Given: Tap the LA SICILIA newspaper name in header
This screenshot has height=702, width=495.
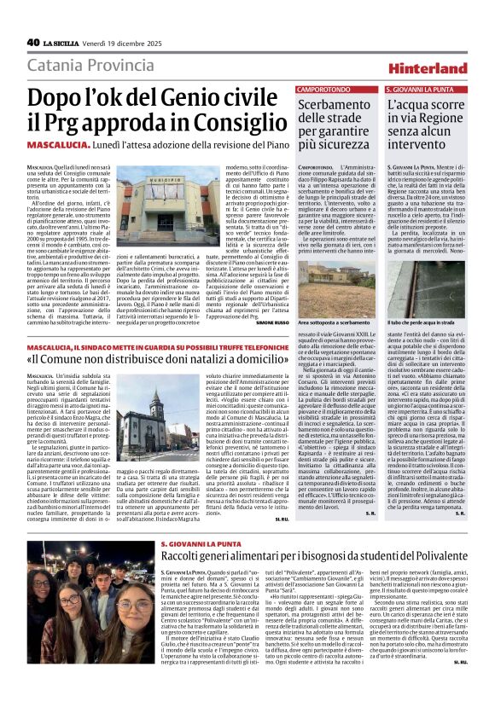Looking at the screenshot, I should coord(62,43).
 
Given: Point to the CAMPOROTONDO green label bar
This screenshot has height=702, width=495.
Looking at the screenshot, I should coord(323,89).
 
